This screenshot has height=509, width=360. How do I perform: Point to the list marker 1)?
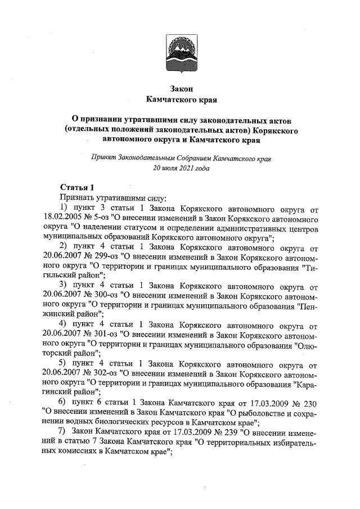pyautogui.click(x=64, y=209)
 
